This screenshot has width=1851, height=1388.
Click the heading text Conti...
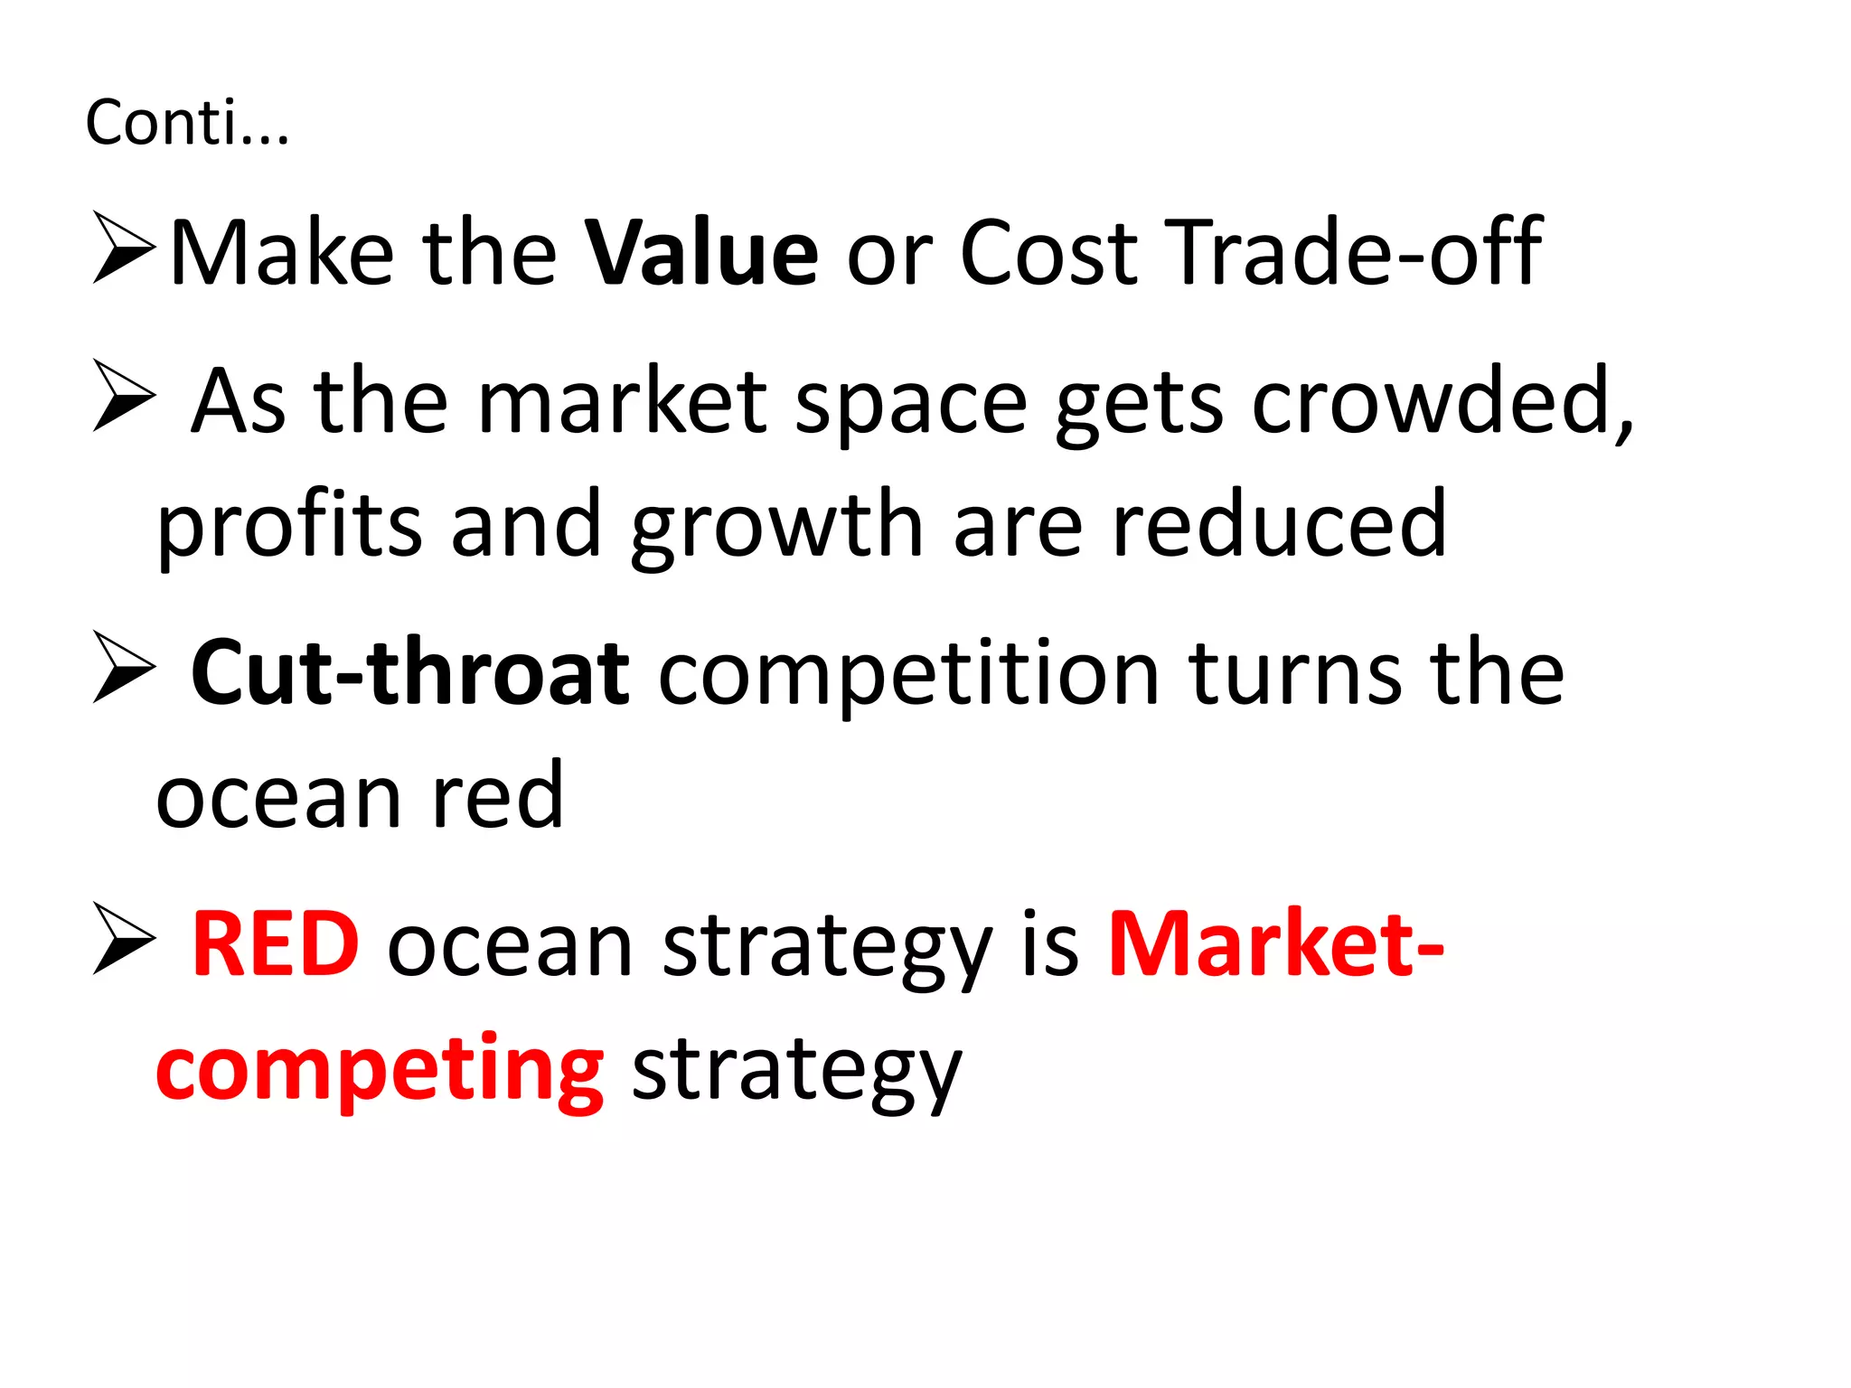click(187, 122)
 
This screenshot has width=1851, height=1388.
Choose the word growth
click(776, 524)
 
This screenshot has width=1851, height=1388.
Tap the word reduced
click(1279, 524)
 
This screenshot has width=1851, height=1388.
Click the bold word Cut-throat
click(409, 672)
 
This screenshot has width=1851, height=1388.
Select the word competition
click(908, 672)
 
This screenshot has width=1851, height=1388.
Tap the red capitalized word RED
click(276, 944)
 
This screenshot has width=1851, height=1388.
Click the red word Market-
click(1275, 944)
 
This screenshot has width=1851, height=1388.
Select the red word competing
click(380, 1071)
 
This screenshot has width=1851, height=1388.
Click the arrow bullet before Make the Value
click(124, 248)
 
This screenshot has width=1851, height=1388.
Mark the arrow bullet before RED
click(124, 939)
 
